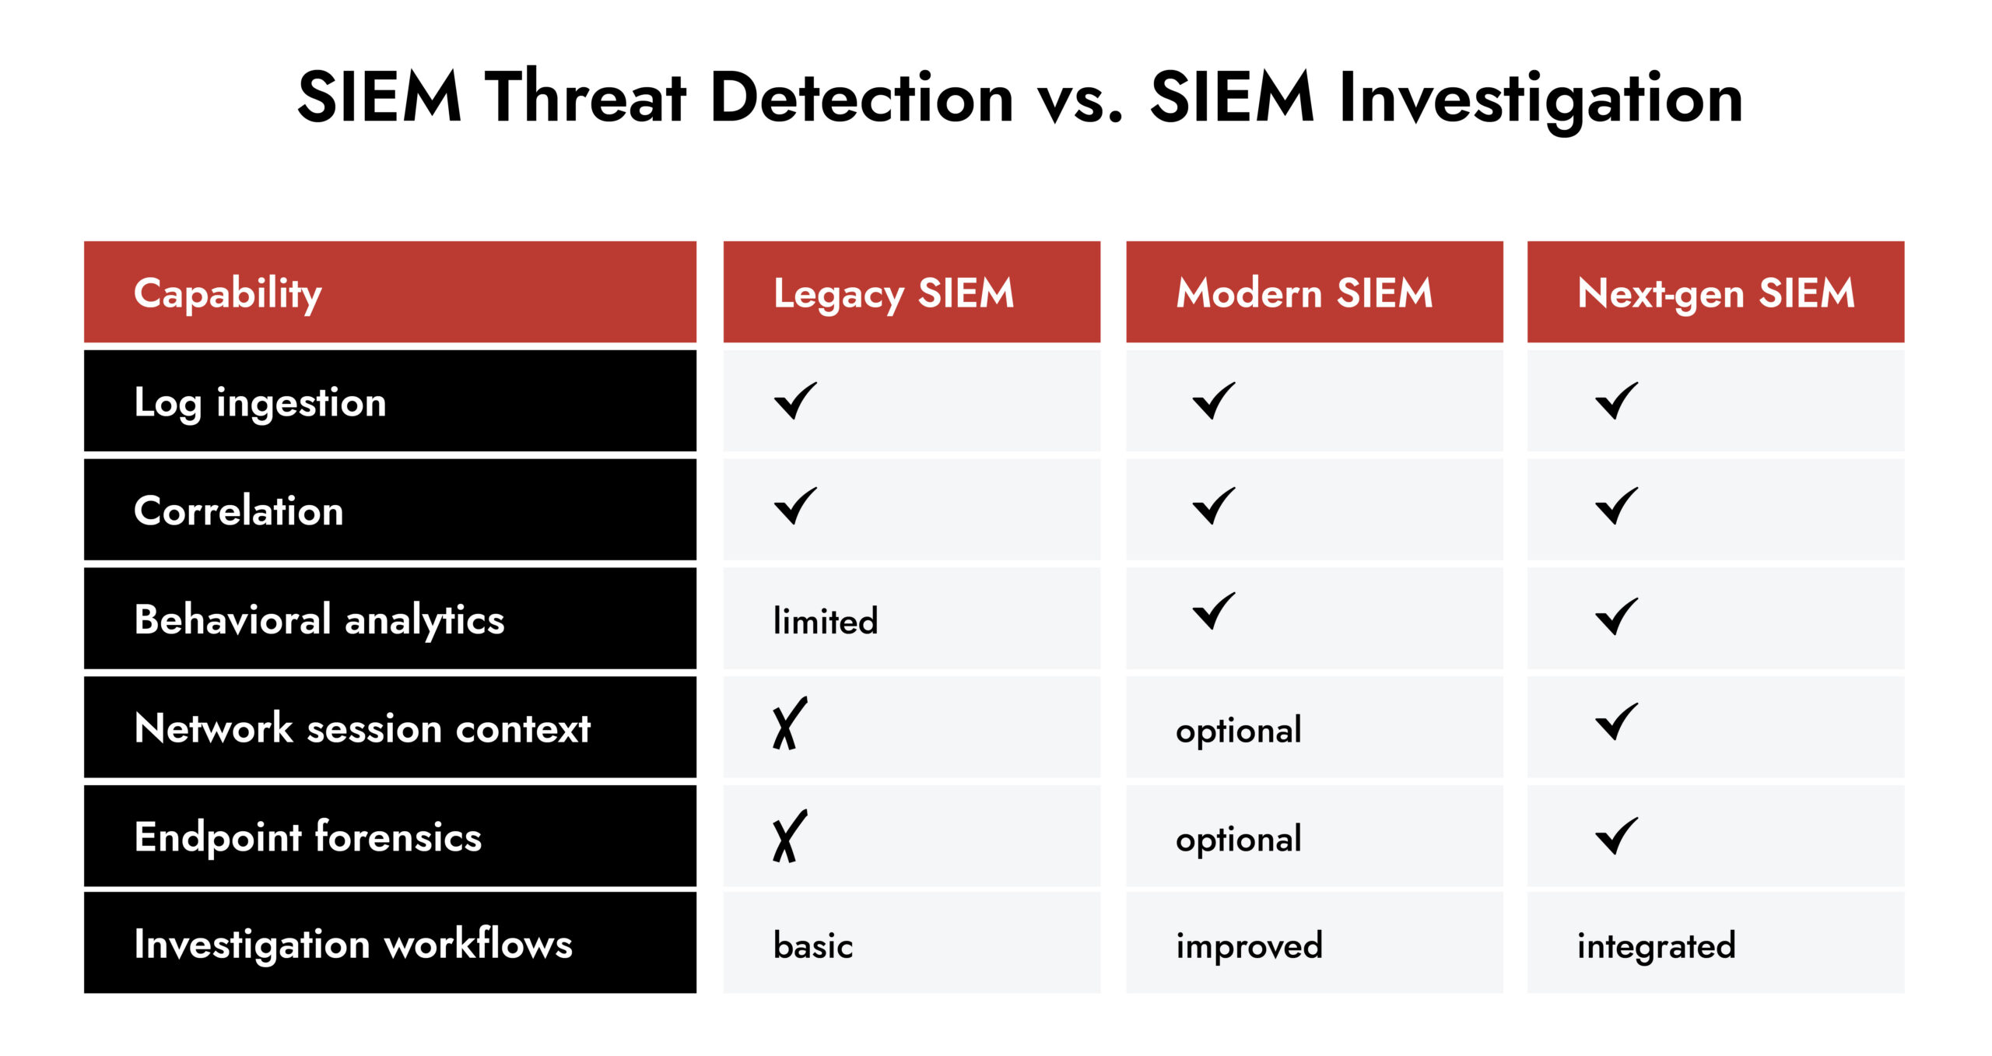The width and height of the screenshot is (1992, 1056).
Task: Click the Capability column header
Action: (228, 293)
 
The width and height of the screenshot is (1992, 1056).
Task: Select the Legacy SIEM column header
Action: (893, 293)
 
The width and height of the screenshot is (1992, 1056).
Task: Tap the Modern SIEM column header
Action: (1304, 293)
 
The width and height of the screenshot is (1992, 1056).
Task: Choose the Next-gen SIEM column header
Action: (1716, 293)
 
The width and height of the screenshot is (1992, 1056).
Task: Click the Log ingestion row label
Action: (260, 402)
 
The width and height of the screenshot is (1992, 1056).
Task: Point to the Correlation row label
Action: (238, 511)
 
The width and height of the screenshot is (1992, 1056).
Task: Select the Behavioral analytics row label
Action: (319, 620)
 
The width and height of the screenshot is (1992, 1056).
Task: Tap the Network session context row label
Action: (362, 728)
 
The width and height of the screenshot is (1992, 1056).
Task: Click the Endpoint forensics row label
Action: (307, 837)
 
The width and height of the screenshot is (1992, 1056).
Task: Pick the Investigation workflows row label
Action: (352, 945)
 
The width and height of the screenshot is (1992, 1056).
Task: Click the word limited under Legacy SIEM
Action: (825, 621)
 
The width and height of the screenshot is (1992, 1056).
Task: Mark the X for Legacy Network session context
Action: (789, 724)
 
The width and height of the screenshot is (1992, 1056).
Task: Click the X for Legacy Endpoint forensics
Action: (789, 836)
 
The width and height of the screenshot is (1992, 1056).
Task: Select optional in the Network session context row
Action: (1238, 731)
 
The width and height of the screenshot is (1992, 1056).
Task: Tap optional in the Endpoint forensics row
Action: (1238, 840)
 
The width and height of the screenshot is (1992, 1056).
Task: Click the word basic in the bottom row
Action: (812, 946)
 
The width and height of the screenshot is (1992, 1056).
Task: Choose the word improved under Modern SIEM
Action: (1248, 946)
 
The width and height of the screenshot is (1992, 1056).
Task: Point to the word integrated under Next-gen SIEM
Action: (1656, 946)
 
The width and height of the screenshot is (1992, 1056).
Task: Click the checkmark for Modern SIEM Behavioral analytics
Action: (1213, 612)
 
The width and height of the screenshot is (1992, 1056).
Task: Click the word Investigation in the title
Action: (1540, 99)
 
